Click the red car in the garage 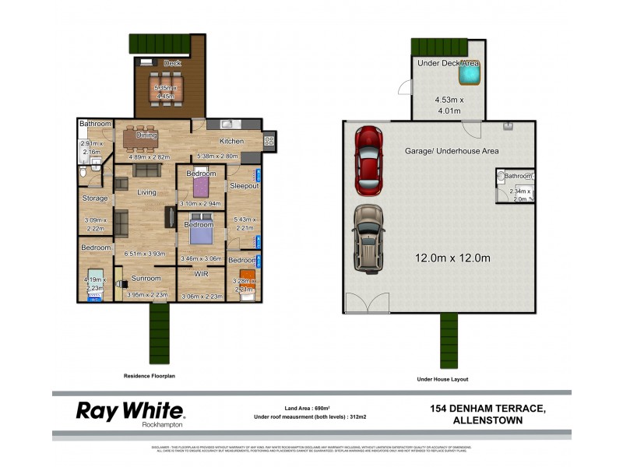point(368,160)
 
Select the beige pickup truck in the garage point(367,237)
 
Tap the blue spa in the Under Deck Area point(469,75)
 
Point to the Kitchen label point(231,142)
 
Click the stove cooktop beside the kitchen point(270,141)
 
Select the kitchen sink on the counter point(226,123)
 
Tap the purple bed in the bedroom point(202,188)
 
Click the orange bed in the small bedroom point(246,277)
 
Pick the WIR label point(200,274)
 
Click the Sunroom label point(146,278)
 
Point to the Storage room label point(95,198)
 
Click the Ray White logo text point(129,410)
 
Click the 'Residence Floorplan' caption point(150,376)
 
